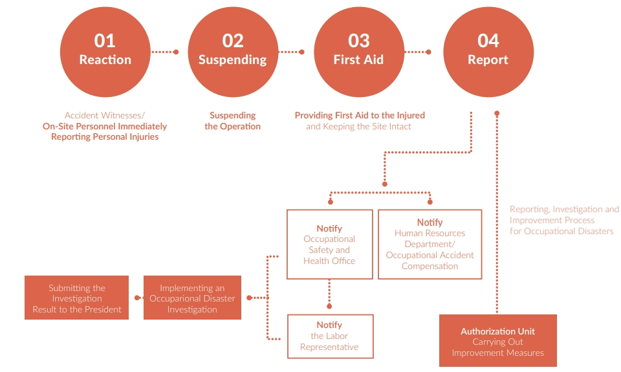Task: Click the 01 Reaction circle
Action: (105, 51)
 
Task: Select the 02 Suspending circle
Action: (232, 51)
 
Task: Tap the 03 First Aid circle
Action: (358, 51)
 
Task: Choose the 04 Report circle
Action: (488, 51)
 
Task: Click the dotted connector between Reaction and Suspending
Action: (164, 52)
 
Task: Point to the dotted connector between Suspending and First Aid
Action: (291, 52)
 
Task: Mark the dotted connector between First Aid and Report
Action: (418, 52)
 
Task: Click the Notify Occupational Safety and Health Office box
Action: (329, 244)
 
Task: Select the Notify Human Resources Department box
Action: (430, 244)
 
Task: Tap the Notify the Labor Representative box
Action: (329, 336)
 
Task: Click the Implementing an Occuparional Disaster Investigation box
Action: (192, 298)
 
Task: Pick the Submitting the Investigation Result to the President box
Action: (77, 298)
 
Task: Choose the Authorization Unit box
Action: (497, 341)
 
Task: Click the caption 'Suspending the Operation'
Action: (232, 121)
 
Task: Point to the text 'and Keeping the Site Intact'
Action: (358, 127)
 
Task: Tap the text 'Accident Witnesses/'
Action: (105, 115)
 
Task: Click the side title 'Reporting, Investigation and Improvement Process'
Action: (563, 215)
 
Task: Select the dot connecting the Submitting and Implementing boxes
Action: (137, 298)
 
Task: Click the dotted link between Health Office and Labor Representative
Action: (329, 292)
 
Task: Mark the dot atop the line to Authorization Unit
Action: (497, 114)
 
